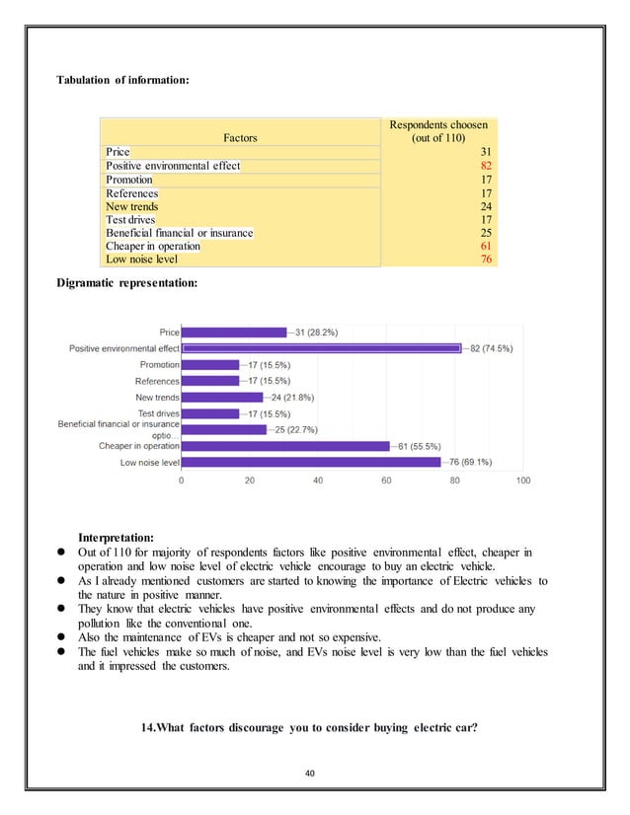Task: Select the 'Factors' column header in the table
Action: (x=240, y=140)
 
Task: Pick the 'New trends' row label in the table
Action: (x=132, y=206)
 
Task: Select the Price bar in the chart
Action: (x=235, y=333)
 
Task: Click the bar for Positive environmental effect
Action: (x=322, y=348)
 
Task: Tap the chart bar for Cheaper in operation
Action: (x=286, y=446)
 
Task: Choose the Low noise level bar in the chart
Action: (x=311, y=462)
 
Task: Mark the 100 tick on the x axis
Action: (x=523, y=481)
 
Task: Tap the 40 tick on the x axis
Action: (x=318, y=481)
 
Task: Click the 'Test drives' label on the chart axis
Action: (x=158, y=413)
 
